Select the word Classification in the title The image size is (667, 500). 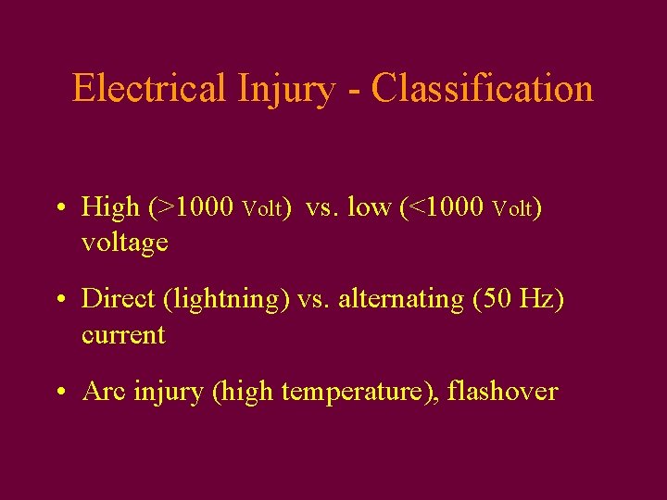click(x=482, y=89)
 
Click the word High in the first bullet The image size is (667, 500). click(x=110, y=207)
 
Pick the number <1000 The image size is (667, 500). click(x=446, y=207)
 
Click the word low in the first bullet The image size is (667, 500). click(x=370, y=207)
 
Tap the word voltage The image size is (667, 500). click(x=125, y=243)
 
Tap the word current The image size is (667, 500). click(x=123, y=335)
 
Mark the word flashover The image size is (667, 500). click(x=502, y=392)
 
